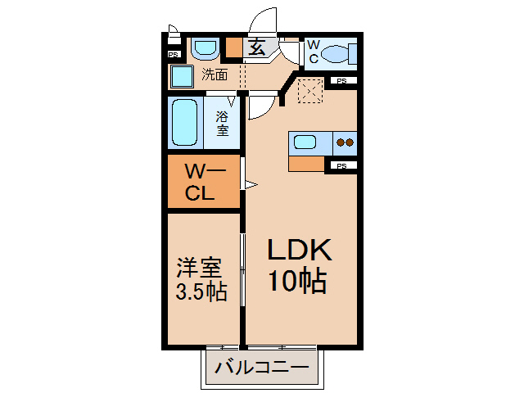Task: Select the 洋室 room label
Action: (200, 268)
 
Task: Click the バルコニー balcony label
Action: (262, 368)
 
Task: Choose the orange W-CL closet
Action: (203, 183)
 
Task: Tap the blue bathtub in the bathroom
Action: (185, 123)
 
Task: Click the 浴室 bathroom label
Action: (222, 124)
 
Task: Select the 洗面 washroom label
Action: (215, 75)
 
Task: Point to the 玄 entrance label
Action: (257, 47)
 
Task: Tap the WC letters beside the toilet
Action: (313, 52)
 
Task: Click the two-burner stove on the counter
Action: (346, 142)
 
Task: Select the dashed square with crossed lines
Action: (310, 89)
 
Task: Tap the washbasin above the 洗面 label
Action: (204, 50)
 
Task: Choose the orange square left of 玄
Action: (234, 47)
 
